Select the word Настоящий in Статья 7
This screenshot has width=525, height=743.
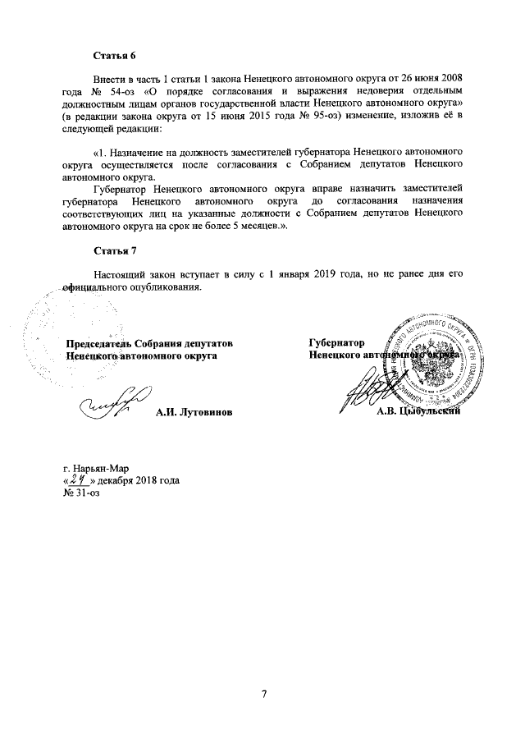tap(120, 274)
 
